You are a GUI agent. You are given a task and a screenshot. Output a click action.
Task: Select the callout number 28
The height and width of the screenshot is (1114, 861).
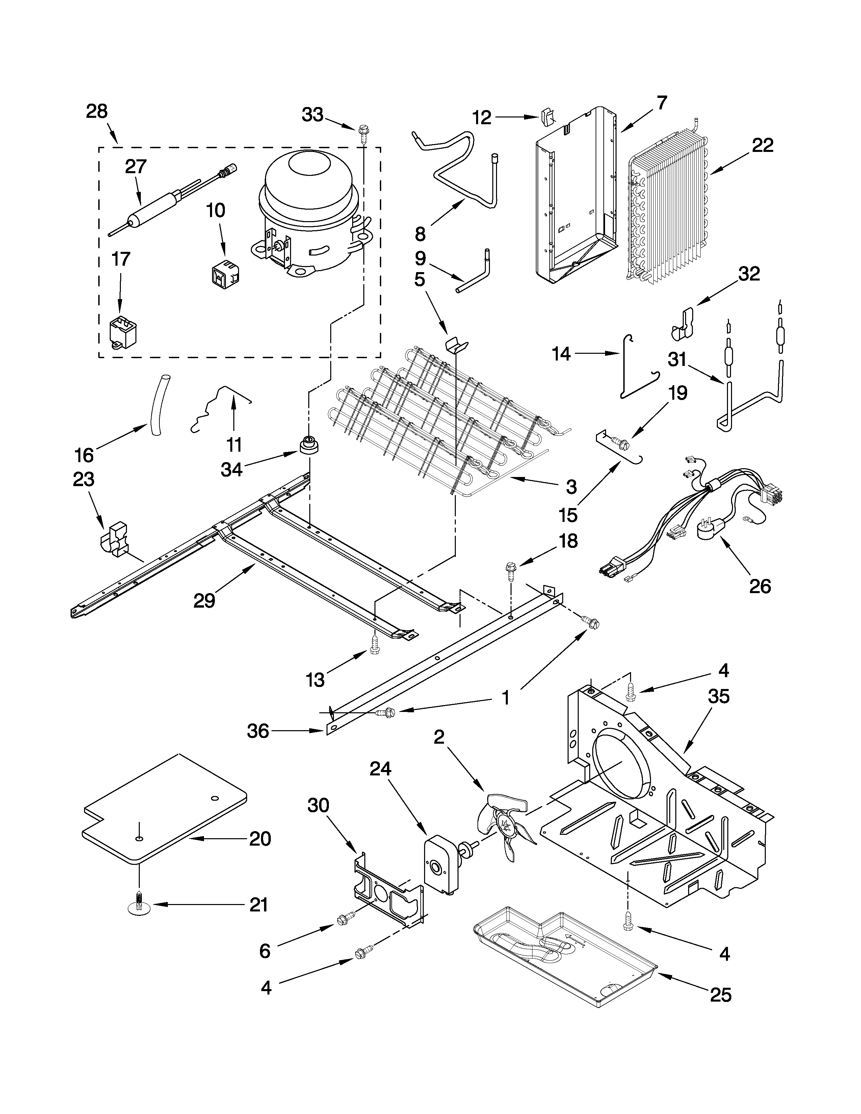tap(97, 111)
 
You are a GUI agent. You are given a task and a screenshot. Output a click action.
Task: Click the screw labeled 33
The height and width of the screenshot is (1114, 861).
tap(364, 131)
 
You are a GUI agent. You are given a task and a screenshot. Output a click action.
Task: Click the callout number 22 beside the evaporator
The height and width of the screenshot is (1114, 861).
tap(762, 145)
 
